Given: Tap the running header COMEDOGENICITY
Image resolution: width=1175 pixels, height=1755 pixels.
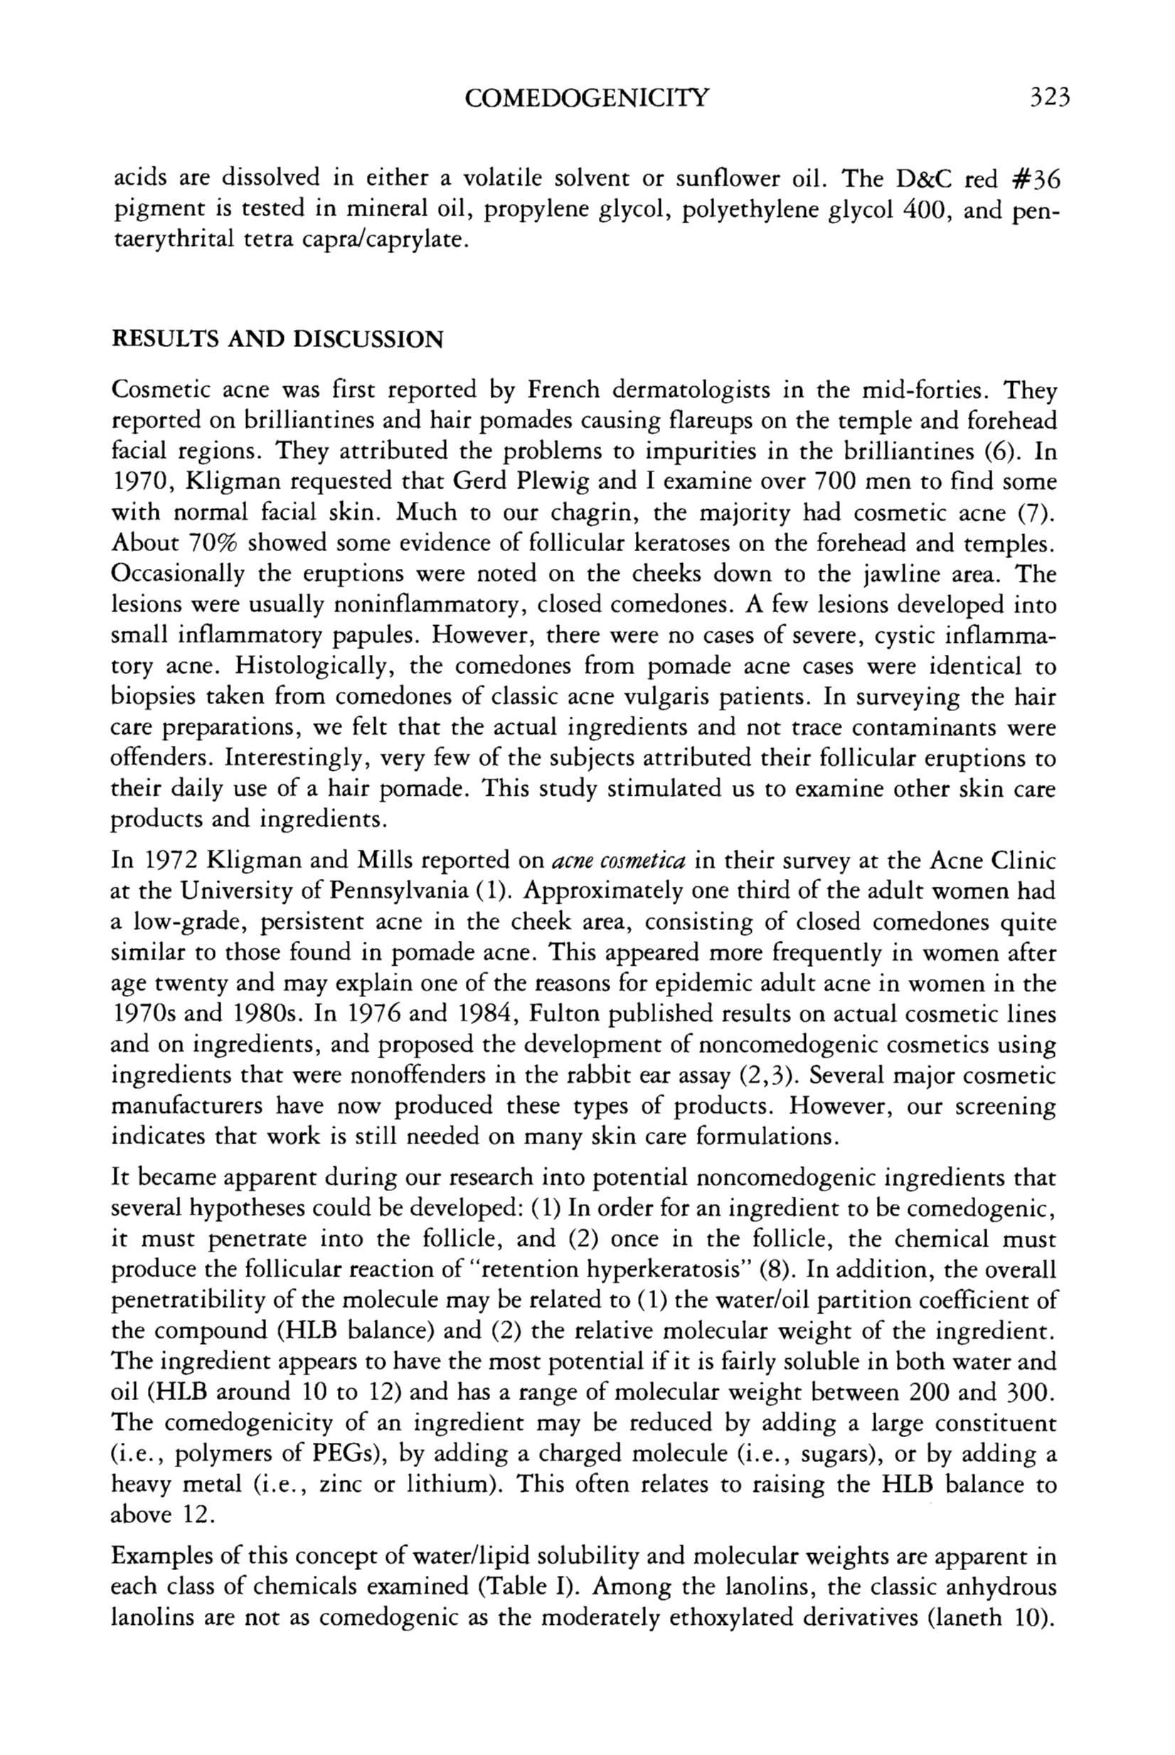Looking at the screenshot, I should [586, 97].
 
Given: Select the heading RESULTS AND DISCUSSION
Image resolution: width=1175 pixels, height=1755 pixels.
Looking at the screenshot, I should [277, 340].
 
